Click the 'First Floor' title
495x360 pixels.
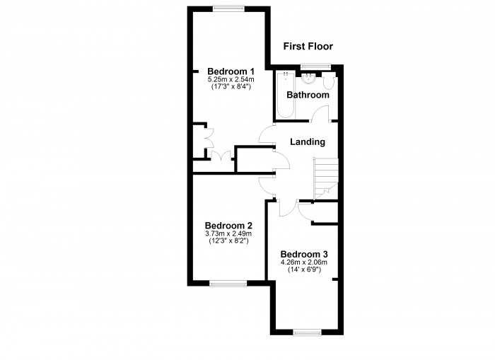click(x=308, y=47)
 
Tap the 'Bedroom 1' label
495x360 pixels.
click(x=231, y=71)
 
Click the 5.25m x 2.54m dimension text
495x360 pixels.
click(x=231, y=80)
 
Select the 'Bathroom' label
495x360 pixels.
click(x=308, y=95)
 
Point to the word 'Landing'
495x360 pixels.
click(x=308, y=141)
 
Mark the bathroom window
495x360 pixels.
click(x=312, y=66)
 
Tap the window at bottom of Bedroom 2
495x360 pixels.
click(x=228, y=283)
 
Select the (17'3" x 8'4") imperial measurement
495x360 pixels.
click(x=231, y=88)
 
